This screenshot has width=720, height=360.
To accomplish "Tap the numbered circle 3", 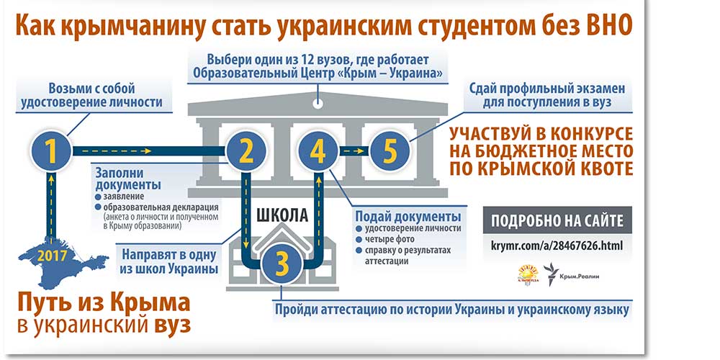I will click(x=282, y=264).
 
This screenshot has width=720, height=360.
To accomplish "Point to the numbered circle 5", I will click(x=390, y=151).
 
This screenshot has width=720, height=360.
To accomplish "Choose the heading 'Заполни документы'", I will click(x=122, y=180).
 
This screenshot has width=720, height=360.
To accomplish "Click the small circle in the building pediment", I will click(x=317, y=103).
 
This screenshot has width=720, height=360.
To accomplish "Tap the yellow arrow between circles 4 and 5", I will click(x=352, y=151).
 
